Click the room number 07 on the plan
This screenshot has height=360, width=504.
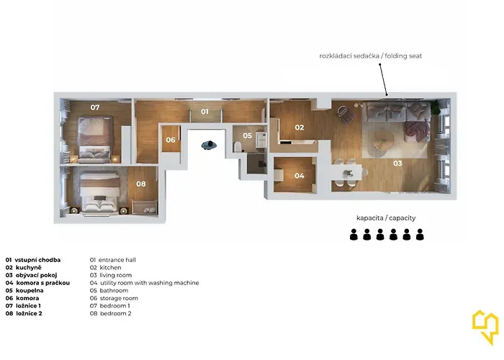point(95,107)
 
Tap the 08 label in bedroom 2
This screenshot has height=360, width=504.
point(141,184)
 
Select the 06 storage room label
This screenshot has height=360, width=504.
point(171,140)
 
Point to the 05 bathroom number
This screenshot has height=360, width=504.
point(248,135)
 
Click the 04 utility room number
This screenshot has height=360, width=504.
point(300,176)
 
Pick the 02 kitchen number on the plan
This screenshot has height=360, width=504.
point(300,127)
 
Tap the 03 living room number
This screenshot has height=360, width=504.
point(397,163)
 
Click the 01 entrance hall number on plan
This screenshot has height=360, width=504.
point(204,112)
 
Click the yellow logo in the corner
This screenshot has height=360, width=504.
point(485,327)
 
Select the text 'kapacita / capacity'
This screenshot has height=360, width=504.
point(386,218)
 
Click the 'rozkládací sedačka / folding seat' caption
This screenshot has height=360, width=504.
point(371,56)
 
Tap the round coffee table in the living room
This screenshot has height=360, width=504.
point(384,140)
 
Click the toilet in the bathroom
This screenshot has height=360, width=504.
point(238,147)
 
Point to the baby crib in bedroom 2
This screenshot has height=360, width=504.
point(145,207)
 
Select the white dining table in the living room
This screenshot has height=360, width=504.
point(347,173)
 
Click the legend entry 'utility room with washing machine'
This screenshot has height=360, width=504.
point(150,283)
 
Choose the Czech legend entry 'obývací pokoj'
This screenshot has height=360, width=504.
point(36,275)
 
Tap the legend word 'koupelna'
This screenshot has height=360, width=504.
point(30,291)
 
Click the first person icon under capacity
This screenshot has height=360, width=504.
point(354,235)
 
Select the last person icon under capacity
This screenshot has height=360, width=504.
point(420,235)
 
